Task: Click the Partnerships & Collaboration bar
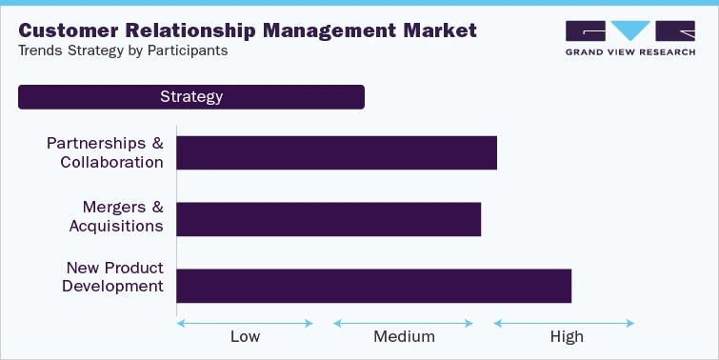(337, 152)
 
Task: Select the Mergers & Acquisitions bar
(329, 219)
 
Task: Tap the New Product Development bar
(373, 286)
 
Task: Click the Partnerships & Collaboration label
(105, 152)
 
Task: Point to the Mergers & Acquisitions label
(116, 216)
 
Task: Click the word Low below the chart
(245, 336)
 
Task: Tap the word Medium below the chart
(404, 336)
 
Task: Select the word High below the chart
(566, 336)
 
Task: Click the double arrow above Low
(245, 323)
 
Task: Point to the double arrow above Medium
(404, 323)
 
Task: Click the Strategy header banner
(191, 97)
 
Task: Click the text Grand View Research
(617, 53)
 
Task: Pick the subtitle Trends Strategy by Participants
(123, 50)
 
